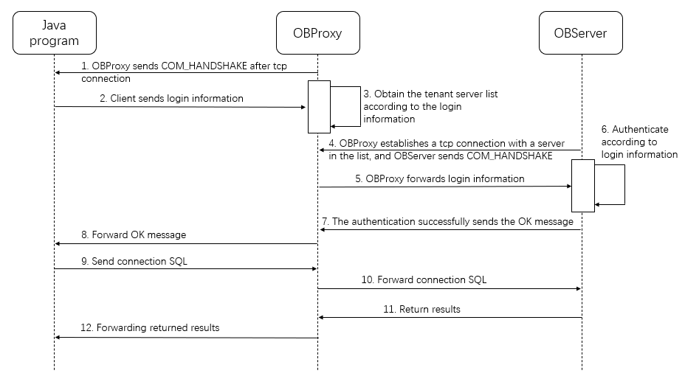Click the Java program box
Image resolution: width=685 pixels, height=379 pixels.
(x=54, y=32)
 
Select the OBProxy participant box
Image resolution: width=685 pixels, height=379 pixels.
(x=318, y=32)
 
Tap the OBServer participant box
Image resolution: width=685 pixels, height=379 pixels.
(x=582, y=32)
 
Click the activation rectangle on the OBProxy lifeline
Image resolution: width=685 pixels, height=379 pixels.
(x=318, y=107)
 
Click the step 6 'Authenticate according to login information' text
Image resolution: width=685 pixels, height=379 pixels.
(x=639, y=142)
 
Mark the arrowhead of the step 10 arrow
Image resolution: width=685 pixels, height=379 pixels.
(x=578, y=289)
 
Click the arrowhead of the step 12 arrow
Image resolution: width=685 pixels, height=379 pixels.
(x=58, y=338)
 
